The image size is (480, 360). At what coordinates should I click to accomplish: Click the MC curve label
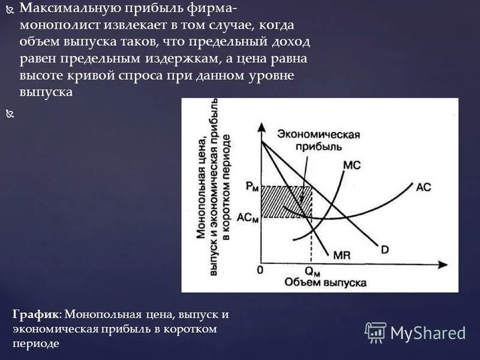352,166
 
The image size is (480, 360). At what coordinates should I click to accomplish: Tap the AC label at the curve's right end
424,187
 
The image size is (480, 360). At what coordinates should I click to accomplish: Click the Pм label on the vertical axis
253,187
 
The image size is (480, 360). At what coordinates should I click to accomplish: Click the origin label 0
260,270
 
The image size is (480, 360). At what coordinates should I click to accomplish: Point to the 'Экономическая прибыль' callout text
319,140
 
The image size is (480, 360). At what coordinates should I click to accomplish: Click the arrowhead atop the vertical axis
262,127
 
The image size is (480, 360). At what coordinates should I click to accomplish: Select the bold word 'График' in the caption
35,314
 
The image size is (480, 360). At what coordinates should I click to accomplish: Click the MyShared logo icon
376,332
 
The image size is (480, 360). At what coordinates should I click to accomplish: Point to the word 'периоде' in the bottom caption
35,344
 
